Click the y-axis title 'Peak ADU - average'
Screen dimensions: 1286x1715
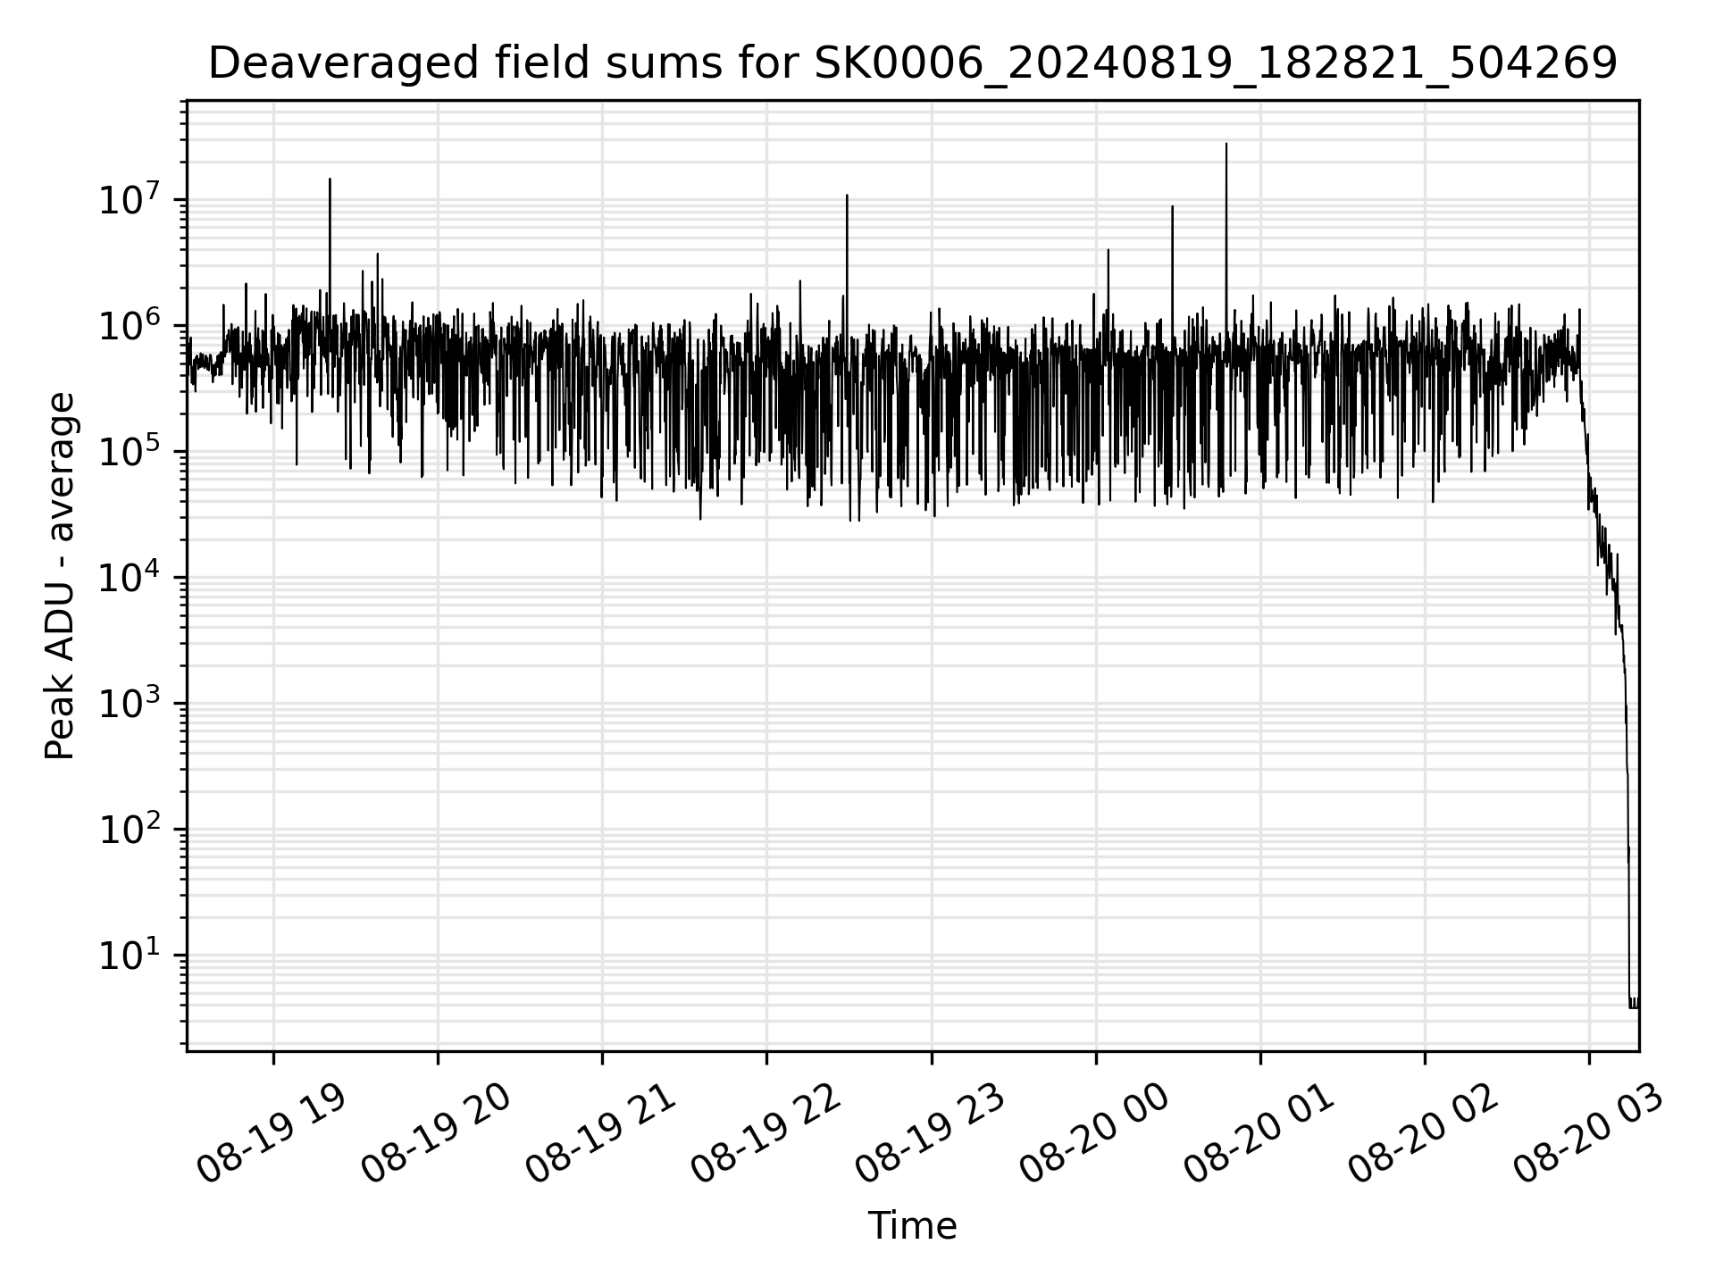click(61, 577)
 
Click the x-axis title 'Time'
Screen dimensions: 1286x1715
click(912, 1226)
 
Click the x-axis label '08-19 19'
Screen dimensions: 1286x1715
click(272, 1133)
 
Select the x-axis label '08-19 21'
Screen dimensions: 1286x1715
click(600, 1133)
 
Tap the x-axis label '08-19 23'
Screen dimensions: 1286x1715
click(930, 1133)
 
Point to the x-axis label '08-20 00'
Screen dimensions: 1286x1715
click(1094, 1133)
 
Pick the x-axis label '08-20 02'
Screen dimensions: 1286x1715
click(1423, 1133)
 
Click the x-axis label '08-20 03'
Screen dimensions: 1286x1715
click(1587, 1133)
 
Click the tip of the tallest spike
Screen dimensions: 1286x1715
click(1226, 144)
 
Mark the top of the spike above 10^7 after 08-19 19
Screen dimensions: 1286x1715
click(330, 180)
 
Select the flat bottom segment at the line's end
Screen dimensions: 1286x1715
click(1634, 1007)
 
